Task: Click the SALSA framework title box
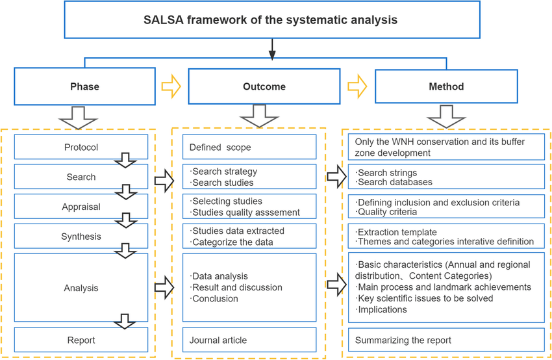pyautogui.click(x=271, y=19)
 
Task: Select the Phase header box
pyautogui.click(x=84, y=86)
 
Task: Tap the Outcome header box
pyautogui.click(x=264, y=86)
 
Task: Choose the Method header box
pyautogui.click(x=446, y=86)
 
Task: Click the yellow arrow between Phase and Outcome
pyautogui.click(x=171, y=86)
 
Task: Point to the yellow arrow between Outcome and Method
pyautogui.click(x=357, y=86)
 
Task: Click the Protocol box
pyautogui.click(x=81, y=147)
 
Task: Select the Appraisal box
pyautogui.click(x=81, y=207)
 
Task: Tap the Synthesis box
pyautogui.click(x=81, y=237)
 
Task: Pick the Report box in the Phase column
pyautogui.click(x=81, y=340)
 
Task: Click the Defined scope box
pyautogui.click(x=249, y=147)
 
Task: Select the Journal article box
pyautogui.click(x=249, y=340)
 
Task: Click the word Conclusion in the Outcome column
pyautogui.click(x=216, y=299)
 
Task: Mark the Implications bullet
pyautogui.click(x=383, y=309)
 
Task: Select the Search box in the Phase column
pyautogui.click(x=81, y=177)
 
